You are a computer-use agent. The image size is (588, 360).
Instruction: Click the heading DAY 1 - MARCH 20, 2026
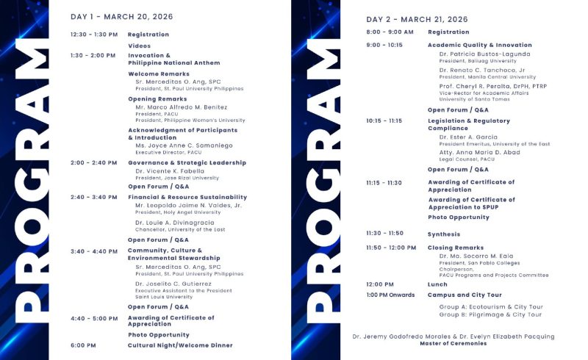[x=118, y=16]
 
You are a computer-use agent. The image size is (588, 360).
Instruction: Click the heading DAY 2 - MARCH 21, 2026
[x=417, y=19]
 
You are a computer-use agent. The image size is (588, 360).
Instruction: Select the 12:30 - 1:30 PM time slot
[x=94, y=35]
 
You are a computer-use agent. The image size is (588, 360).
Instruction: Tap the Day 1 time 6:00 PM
[x=83, y=345]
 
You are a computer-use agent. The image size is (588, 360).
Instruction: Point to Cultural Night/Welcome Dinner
[x=180, y=345]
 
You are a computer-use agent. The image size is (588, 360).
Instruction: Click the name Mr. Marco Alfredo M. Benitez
[x=182, y=107]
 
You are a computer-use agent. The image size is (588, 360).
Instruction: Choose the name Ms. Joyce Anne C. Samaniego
[x=184, y=145]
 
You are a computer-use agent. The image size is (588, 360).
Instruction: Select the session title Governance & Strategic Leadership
[x=187, y=162]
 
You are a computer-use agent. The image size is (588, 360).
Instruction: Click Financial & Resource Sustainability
[x=187, y=197]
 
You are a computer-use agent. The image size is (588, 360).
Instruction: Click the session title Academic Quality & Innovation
[x=480, y=45]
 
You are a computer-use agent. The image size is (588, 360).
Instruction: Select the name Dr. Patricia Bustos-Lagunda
[x=484, y=54]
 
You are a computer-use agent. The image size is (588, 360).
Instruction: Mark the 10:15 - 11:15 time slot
[x=384, y=120]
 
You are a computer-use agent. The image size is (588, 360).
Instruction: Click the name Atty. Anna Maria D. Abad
[x=479, y=152]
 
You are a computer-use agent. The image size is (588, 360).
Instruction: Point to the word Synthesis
[x=444, y=234]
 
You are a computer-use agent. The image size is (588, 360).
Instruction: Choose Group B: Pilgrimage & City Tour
[x=490, y=314]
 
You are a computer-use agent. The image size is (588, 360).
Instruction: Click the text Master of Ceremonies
[x=453, y=343]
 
